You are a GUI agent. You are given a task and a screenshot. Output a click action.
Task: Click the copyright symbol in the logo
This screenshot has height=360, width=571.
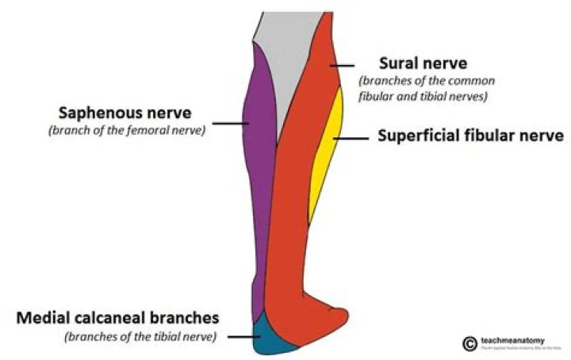(x=468, y=343)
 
